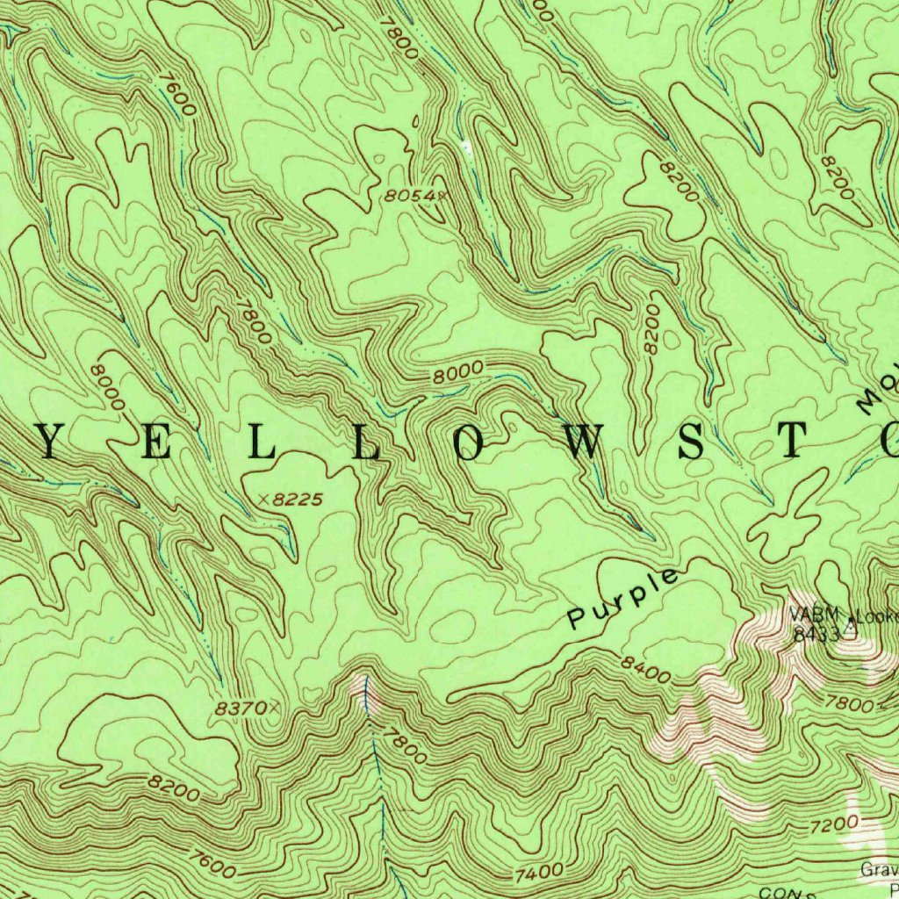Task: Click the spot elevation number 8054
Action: [x=406, y=197]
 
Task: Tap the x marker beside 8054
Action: [x=432, y=196]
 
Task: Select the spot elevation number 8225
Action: [x=298, y=499]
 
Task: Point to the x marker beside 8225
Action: [x=264, y=500]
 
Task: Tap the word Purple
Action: [x=623, y=599]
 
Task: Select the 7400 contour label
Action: [x=539, y=874]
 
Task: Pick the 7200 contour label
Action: [x=833, y=825]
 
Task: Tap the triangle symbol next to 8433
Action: [x=850, y=629]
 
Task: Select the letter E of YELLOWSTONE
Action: [x=156, y=444]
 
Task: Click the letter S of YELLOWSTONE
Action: [x=692, y=444]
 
